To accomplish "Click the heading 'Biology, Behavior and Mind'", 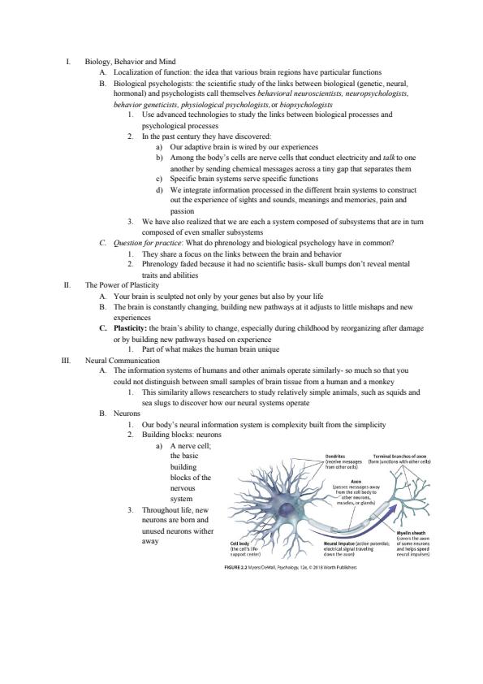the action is pyautogui.click(x=131, y=62).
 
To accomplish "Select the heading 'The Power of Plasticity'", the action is pyautogui.click(x=122, y=285).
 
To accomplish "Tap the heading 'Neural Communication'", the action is pyautogui.click(x=122, y=361).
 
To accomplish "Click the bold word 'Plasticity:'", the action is pyautogui.click(x=131, y=328).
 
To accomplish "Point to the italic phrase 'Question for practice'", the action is pyautogui.click(x=147, y=243).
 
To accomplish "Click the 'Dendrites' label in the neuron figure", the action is pyautogui.click(x=334, y=457).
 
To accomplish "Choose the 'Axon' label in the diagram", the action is pyautogui.click(x=356, y=482).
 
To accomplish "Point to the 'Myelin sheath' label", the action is pyautogui.click(x=411, y=533).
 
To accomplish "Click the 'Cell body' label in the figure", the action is pyautogui.click(x=239, y=543).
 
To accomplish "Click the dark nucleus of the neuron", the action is pyautogui.click(x=287, y=509).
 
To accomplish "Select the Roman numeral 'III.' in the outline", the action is pyautogui.click(x=67, y=361).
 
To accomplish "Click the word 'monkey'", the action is pyautogui.click(x=382, y=382).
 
